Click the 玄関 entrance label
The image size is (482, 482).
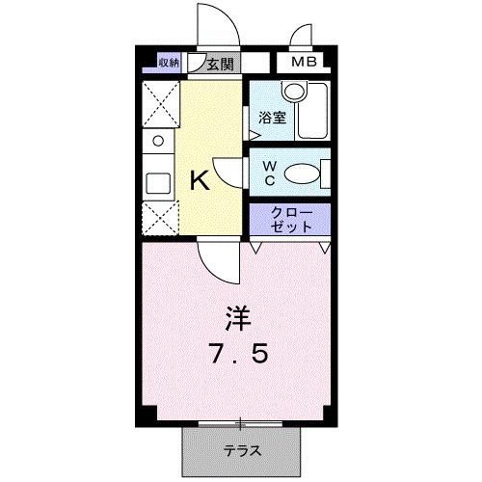[221, 65]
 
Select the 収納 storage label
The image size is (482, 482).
[170, 65]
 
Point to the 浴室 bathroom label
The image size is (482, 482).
[272, 119]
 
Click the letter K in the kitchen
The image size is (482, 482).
[199, 180]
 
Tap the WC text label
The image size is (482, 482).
[269, 173]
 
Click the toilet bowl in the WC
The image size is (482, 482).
[303, 174]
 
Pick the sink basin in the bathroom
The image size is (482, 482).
[292, 93]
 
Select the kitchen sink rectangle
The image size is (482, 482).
[157, 181]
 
